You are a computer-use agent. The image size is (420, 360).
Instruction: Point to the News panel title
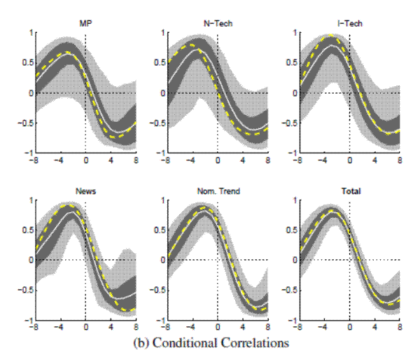(85, 191)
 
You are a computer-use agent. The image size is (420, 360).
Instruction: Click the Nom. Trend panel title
(217, 191)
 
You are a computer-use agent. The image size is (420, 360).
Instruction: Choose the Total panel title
(349, 191)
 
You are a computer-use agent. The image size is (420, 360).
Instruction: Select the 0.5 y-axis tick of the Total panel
(288, 229)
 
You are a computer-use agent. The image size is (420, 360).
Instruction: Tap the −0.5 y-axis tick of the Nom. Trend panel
(155, 290)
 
